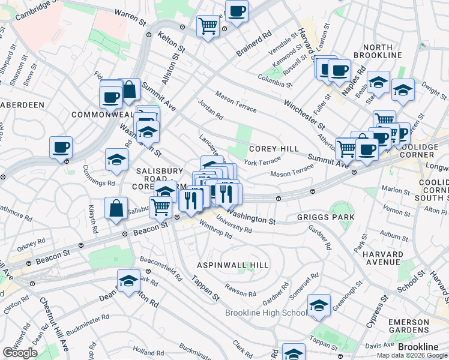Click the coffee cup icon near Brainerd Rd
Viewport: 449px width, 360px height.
[x=237, y=11]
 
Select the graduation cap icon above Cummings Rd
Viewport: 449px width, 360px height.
[x=116, y=159]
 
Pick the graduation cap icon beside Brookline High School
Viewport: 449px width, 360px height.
[x=319, y=305]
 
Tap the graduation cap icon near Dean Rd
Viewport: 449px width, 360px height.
[x=128, y=281]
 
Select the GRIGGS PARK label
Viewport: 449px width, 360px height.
[x=325, y=217]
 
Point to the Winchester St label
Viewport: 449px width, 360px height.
[x=304, y=115]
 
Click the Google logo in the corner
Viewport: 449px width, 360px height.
[x=20, y=353]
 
